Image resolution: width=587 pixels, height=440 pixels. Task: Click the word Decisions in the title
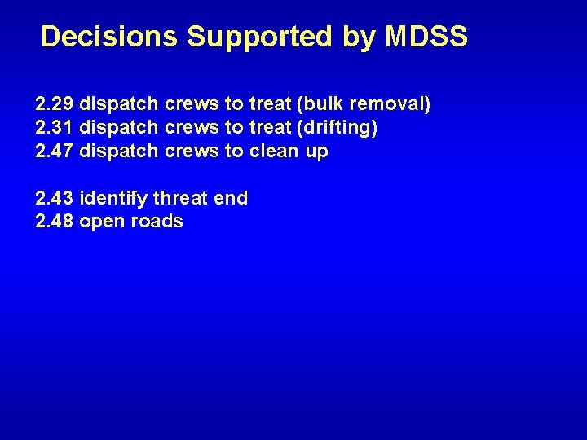[x=110, y=37]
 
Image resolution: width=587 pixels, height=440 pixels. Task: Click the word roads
[x=156, y=222]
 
